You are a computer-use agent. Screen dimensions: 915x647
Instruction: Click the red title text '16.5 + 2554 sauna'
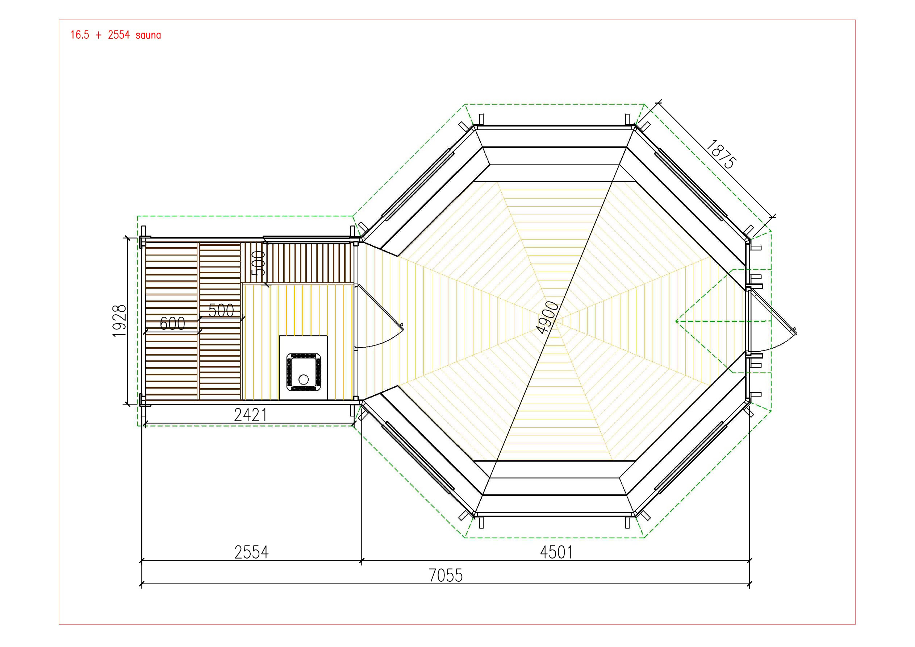(116, 35)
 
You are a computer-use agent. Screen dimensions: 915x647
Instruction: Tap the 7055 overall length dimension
(446, 576)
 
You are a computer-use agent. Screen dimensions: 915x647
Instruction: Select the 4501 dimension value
(556, 552)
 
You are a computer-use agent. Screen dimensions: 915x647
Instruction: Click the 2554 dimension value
(251, 552)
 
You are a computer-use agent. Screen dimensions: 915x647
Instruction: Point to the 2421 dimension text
(250, 415)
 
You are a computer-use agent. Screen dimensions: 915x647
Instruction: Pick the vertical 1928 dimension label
(120, 321)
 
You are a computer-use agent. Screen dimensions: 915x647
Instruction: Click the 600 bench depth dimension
(172, 323)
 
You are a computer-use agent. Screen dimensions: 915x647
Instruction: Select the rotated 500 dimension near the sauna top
(259, 263)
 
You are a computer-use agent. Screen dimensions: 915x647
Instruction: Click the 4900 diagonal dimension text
(548, 318)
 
